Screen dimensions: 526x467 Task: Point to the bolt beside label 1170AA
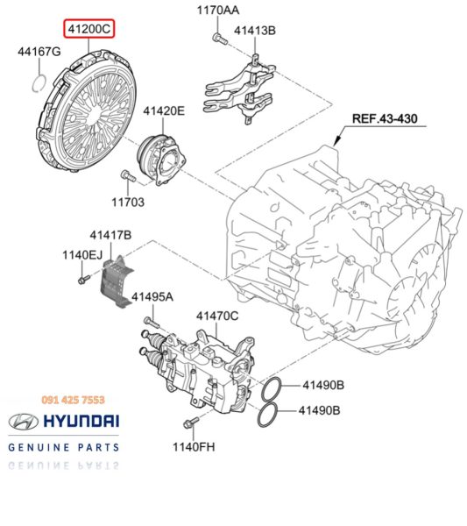coord(215,37)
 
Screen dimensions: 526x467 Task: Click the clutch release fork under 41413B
coord(239,88)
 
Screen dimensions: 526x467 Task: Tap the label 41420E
coord(164,111)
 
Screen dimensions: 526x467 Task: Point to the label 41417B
coord(110,236)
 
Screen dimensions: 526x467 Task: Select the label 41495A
coord(152,298)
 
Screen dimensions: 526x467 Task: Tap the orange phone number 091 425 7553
coord(73,398)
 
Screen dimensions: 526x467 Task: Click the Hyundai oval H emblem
coord(25,422)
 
